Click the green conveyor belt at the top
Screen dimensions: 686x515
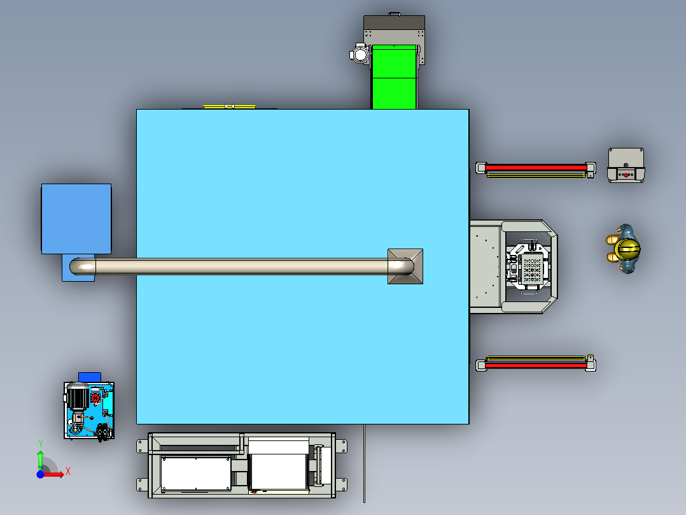(x=394, y=77)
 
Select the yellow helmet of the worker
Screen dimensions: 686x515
(x=627, y=249)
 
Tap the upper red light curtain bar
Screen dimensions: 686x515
(x=536, y=168)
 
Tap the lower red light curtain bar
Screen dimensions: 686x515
(x=536, y=365)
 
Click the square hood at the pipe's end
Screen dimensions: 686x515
(x=405, y=266)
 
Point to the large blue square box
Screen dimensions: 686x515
(x=76, y=219)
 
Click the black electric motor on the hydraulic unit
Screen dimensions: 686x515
(x=78, y=396)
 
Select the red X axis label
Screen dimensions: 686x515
(x=68, y=472)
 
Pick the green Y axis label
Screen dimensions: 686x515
(x=40, y=444)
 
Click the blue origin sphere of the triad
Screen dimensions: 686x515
(x=40, y=474)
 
